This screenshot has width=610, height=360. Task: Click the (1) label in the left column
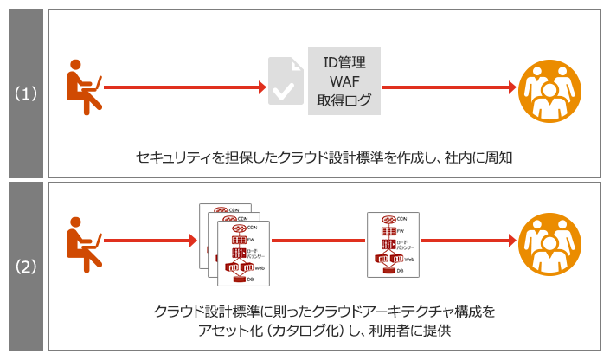tap(24, 93)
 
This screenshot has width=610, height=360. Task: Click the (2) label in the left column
tap(24, 266)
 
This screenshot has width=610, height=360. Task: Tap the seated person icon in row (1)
tap(85, 87)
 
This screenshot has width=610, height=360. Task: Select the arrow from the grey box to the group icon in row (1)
tap(446, 87)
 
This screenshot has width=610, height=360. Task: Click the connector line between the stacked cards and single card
tap(318, 240)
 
